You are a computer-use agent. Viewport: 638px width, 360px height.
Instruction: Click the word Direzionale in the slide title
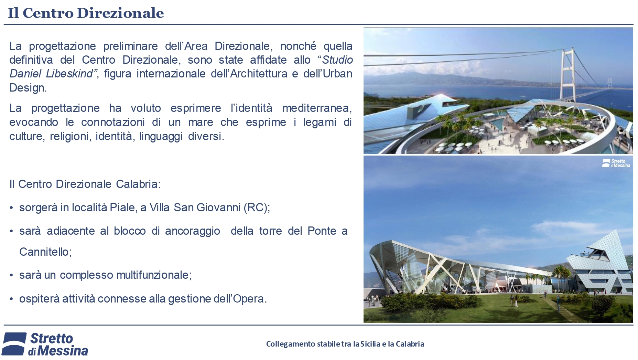coord(120,13)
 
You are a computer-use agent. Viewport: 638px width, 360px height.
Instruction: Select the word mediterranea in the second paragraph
coord(317,108)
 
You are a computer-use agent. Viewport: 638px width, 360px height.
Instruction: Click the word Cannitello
coord(45,252)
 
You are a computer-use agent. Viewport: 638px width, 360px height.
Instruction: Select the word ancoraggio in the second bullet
coord(193,231)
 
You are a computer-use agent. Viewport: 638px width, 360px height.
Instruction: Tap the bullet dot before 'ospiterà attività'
coord(11,299)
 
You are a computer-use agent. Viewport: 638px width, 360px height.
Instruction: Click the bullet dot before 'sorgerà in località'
coord(11,208)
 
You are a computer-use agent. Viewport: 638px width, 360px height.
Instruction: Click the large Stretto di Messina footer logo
coord(45,344)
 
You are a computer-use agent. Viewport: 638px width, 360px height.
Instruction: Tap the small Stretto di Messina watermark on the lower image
coord(616,163)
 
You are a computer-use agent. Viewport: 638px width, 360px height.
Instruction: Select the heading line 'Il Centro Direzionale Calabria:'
coord(85,184)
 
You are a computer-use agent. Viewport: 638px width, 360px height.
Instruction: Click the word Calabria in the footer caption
coord(410,344)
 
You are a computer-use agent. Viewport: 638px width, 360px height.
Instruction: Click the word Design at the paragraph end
coord(28,88)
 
